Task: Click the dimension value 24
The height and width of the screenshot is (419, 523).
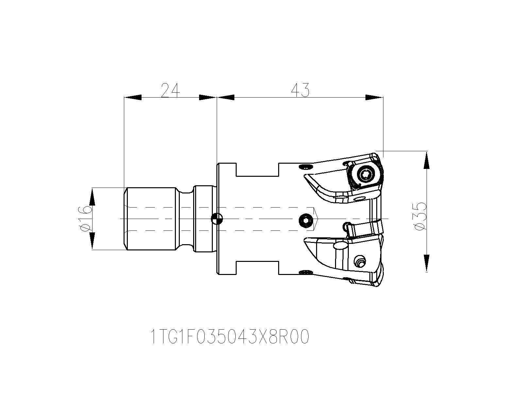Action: pos(170,90)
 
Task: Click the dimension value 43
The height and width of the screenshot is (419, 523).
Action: pos(300,90)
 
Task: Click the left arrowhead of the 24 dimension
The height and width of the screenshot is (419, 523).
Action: pos(133,97)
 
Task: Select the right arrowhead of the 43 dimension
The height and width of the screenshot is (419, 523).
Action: pos(374,97)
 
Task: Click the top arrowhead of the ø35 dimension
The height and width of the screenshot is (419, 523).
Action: pos(427,160)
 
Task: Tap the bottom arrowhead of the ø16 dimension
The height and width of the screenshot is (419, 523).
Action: pos(92,242)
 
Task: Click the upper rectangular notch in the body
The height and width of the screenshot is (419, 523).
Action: pos(257,170)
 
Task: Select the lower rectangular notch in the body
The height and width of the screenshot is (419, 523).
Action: pos(257,268)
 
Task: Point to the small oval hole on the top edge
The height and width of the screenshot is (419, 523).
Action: pos(305,167)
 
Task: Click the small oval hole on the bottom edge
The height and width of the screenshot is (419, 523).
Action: pos(305,271)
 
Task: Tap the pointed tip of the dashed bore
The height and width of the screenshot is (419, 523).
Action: pos(318,218)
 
